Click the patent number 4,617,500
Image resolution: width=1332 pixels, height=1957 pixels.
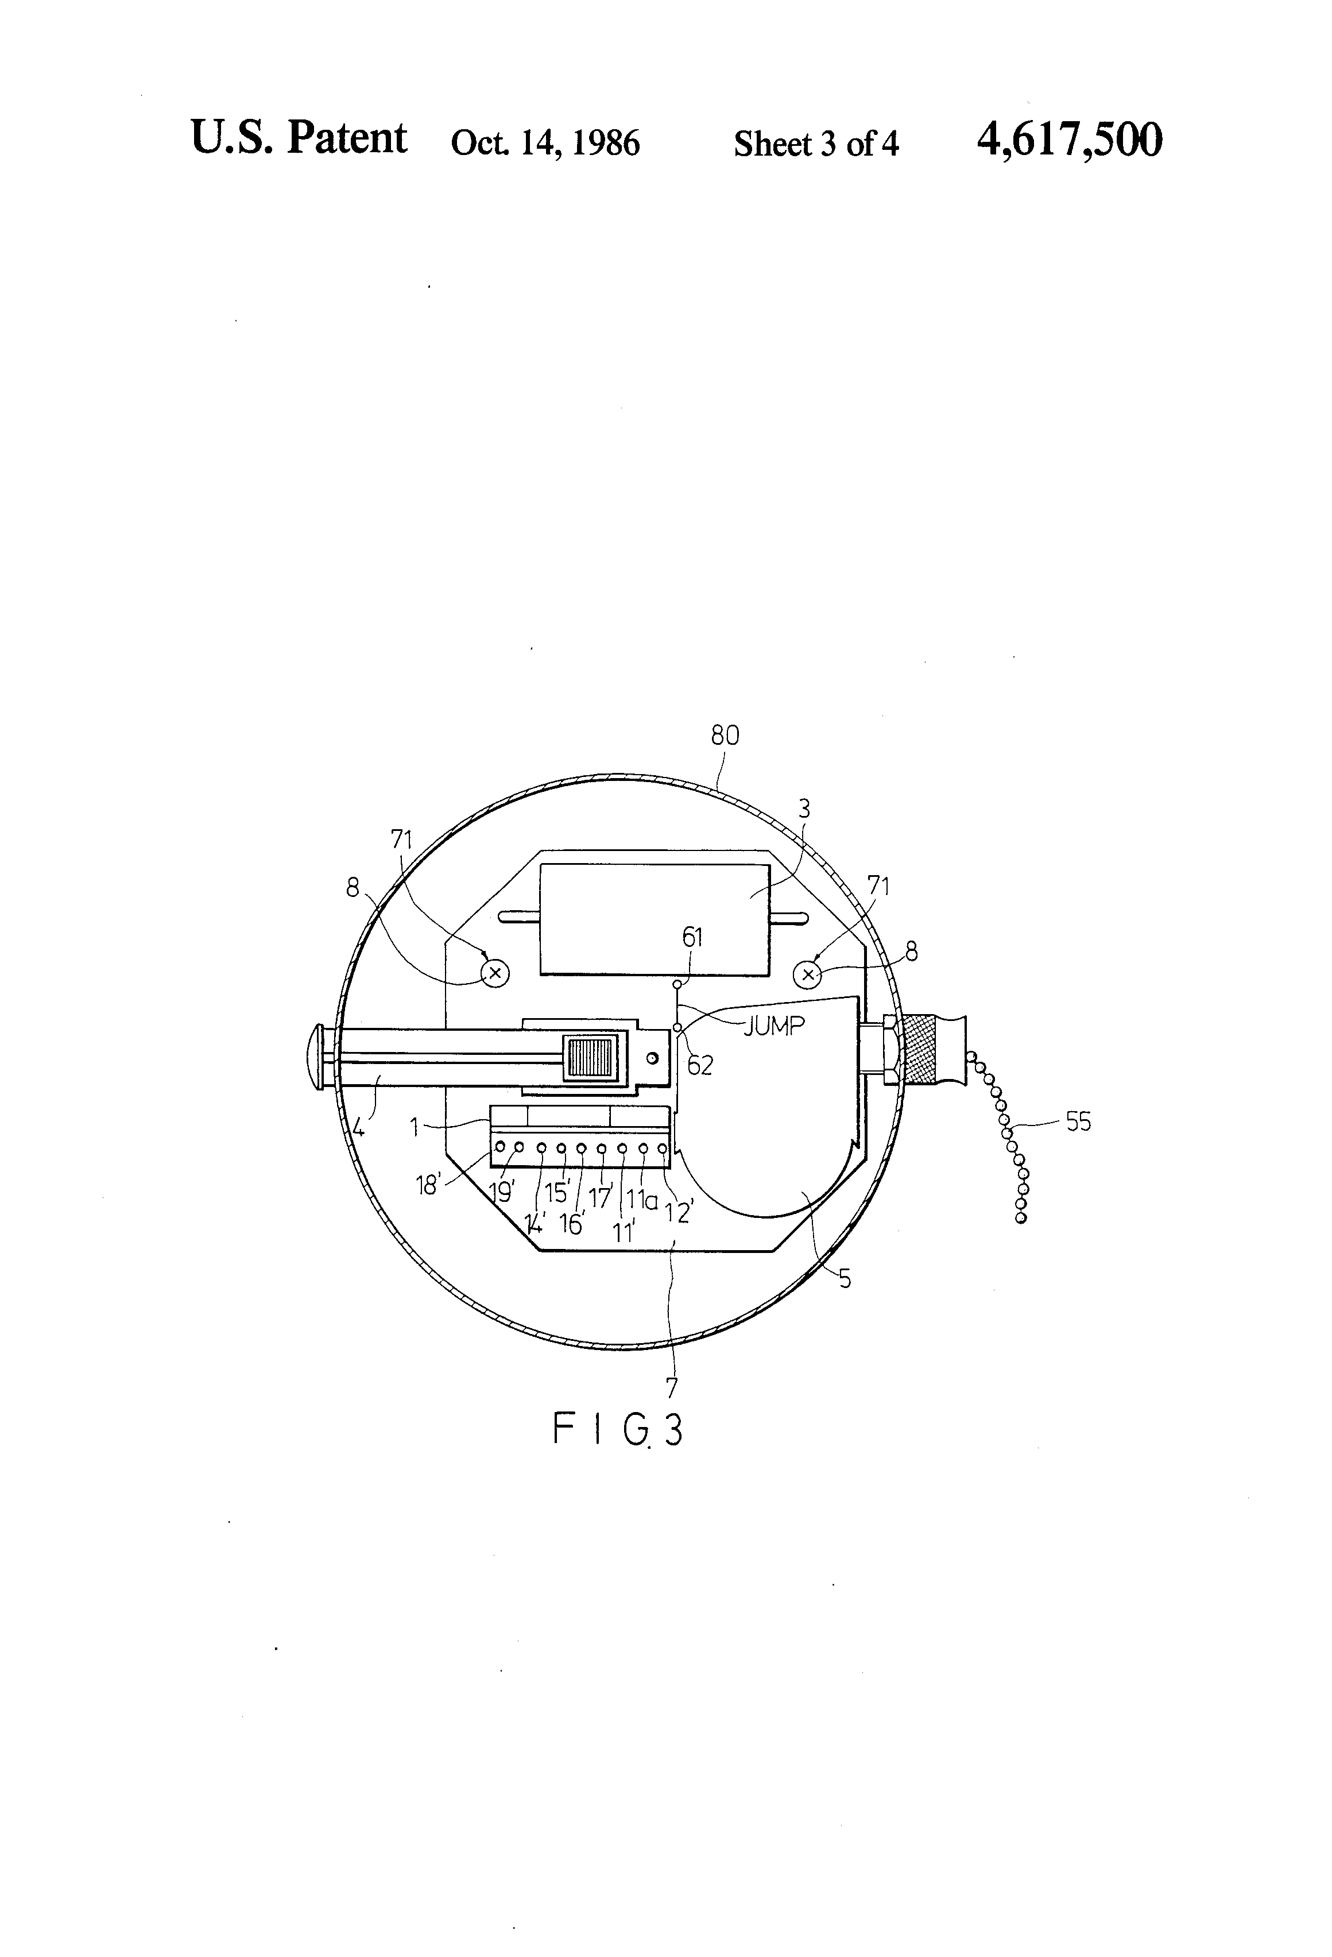[1069, 140]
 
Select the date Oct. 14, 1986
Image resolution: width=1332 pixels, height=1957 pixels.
[545, 143]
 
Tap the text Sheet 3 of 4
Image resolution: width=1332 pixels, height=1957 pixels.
[816, 144]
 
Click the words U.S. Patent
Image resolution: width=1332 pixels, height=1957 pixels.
[299, 137]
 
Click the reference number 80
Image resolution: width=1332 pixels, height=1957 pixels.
[725, 736]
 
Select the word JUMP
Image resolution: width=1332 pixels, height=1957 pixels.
[774, 1025]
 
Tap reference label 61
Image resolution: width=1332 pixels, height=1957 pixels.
[692, 937]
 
